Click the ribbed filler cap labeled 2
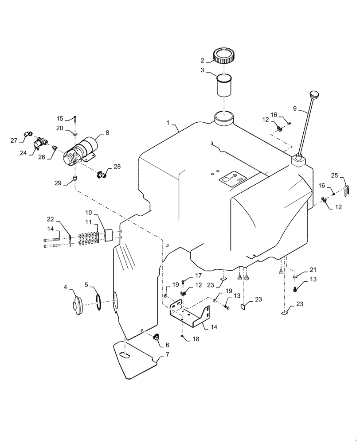click(x=224, y=57)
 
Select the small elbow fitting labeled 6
click(x=156, y=338)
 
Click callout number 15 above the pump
click(x=59, y=118)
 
